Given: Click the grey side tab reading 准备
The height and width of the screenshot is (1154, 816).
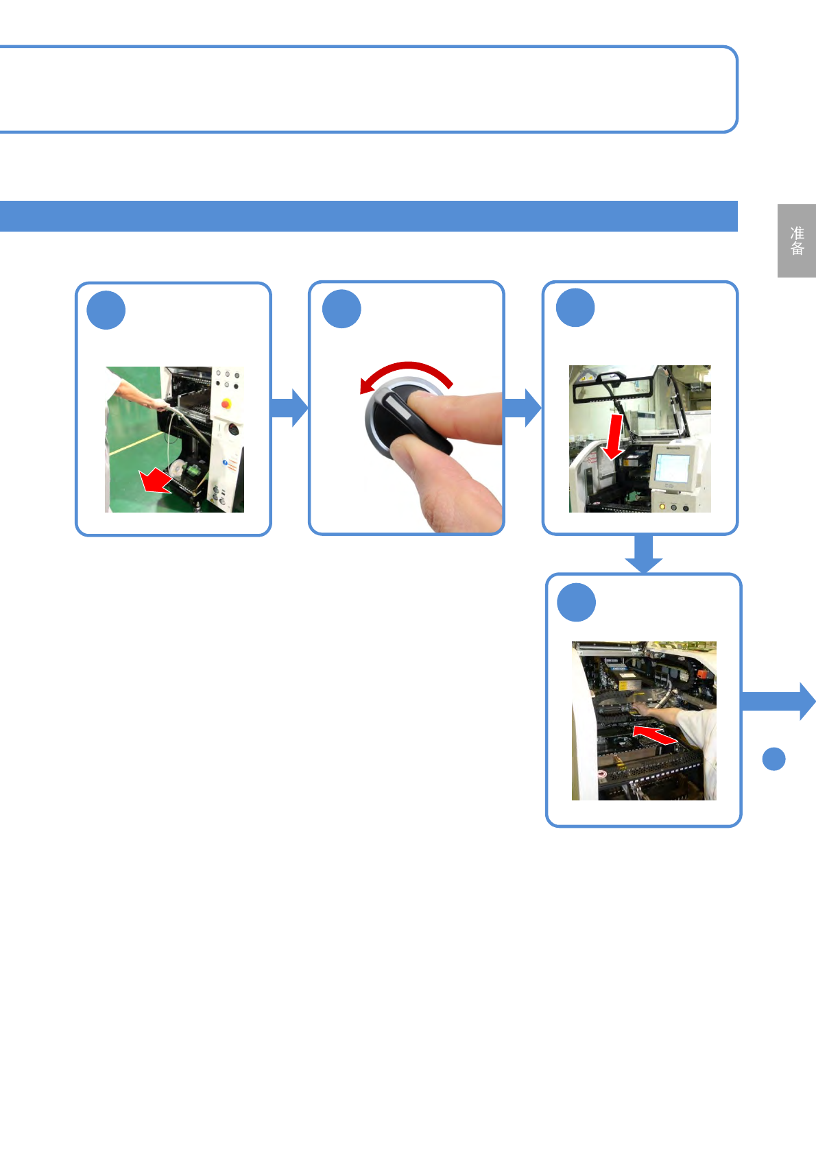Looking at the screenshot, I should [x=796, y=241].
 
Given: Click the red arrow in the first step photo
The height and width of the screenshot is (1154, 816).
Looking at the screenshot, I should [x=156, y=480].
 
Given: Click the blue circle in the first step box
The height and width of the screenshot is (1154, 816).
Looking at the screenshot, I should [x=106, y=310].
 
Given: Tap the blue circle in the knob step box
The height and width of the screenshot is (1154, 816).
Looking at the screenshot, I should [x=341, y=309].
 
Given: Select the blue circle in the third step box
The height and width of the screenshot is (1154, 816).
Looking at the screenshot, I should [x=575, y=308].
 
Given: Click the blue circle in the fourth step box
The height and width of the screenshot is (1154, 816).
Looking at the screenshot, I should [x=577, y=602].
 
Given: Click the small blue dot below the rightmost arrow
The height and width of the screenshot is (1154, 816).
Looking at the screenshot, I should [x=773, y=759].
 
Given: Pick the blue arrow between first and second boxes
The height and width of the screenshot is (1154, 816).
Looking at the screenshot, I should [x=289, y=408].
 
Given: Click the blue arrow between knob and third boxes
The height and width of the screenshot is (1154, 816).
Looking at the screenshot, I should [x=523, y=408].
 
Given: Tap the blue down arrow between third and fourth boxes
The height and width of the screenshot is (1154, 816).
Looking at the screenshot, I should [x=643, y=554].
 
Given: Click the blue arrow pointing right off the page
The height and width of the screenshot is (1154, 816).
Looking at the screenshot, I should [x=779, y=701].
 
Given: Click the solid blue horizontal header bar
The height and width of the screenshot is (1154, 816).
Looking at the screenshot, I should [x=368, y=216].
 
